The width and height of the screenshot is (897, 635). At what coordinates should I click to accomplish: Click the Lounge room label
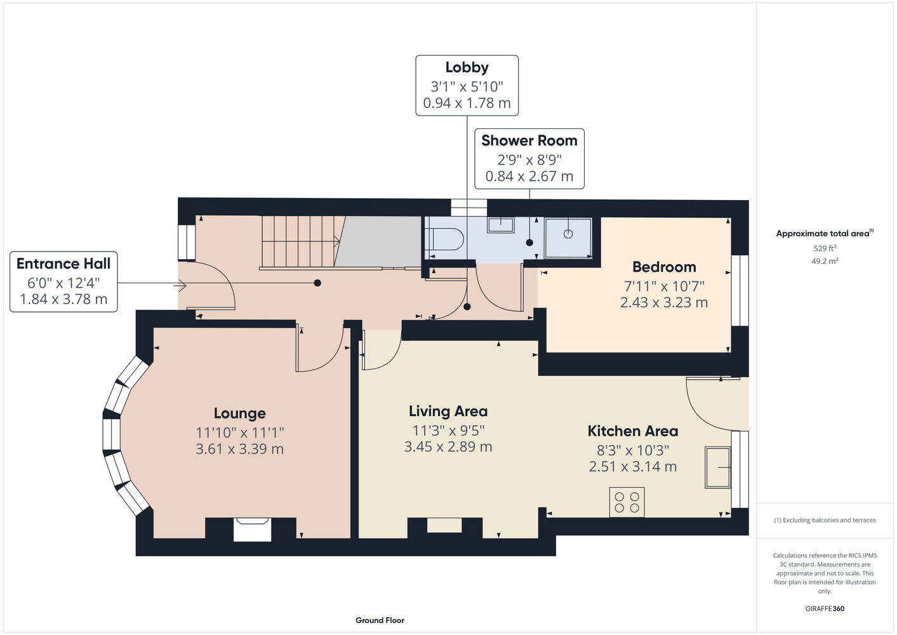point(239,413)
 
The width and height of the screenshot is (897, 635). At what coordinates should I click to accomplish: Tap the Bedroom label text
point(664,267)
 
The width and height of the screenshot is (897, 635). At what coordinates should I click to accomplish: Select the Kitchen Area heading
point(633,431)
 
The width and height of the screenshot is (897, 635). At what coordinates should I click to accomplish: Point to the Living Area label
point(448,411)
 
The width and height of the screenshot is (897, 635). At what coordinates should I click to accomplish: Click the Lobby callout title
point(467,67)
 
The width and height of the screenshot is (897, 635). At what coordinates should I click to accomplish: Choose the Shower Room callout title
point(529,140)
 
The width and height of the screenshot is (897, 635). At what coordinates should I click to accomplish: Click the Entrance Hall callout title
point(63,264)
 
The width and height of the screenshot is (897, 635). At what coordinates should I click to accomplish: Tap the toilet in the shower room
point(444,239)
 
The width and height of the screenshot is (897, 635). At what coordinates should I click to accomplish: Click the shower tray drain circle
point(568,234)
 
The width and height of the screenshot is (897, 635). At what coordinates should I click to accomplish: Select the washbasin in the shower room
point(501,225)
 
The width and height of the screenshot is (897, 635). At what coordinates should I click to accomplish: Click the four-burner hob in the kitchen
point(627,502)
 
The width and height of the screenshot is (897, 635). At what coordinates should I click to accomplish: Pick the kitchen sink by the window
point(717,467)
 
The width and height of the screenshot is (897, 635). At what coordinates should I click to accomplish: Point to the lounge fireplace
point(252,529)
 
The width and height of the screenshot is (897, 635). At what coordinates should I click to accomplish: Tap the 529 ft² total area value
point(825,248)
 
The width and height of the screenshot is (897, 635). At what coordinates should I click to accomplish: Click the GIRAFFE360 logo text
point(825,608)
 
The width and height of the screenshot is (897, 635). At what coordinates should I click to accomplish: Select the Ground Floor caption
point(380,620)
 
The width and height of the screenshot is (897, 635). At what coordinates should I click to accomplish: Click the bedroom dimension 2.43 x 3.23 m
point(664,302)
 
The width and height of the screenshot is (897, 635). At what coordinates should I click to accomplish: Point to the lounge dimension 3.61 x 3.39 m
point(239,448)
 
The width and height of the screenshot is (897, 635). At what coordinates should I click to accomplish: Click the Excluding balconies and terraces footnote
point(825,520)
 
